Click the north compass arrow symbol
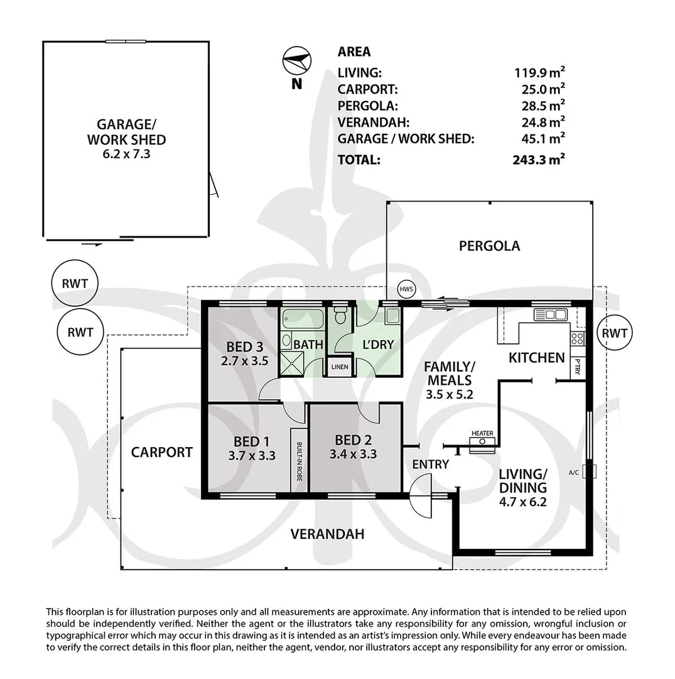pos(296,62)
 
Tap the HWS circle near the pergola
pos(406,290)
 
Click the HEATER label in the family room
pos(482,433)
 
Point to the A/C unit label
pos(573,472)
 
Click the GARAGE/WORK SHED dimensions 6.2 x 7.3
pos(127,152)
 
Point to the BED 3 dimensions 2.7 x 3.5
pos(245,361)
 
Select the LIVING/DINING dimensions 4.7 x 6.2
pos(522,502)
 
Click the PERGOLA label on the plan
pos(489,246)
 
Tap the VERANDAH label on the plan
pos(327,534)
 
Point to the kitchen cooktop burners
pos(578,339)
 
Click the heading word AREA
pos(354,52)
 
